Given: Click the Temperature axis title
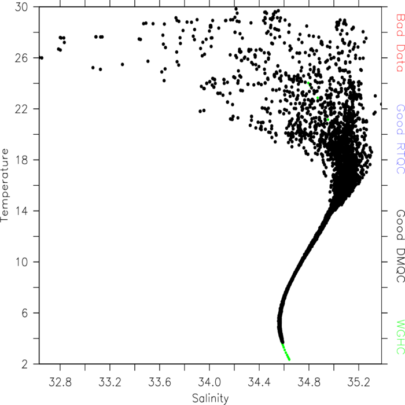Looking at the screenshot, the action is [x=5, y=185].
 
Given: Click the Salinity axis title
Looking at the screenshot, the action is [x=210, y=399].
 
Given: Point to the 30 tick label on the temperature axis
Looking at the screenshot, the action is [x=21, y=7].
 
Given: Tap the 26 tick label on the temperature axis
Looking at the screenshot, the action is [x=21, y=58].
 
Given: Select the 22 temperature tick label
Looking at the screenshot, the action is [x=21, y=109].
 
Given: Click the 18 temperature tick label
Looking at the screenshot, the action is [x=21, y=160].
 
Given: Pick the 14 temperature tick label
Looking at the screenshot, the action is [x=21, y=211].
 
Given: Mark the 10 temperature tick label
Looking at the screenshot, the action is [x=21, y=262].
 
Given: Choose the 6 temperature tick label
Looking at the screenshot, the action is [x=24, y=313].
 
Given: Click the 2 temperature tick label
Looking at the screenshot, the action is [x=24, y=364].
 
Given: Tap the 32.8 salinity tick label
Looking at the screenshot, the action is [x=60, y=382].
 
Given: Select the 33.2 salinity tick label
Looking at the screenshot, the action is [x=110, y=382].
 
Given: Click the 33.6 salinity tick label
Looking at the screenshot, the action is [x=160, y=382].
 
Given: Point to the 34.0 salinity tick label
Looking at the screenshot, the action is [x=209, y=382].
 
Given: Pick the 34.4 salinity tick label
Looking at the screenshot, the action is [x=259, y=382].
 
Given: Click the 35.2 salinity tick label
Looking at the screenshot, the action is [x=359, y=382].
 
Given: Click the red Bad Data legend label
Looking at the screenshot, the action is [x=400, y=43].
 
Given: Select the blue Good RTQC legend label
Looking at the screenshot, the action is [x=400, y=139].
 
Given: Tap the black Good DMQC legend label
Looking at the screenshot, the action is [x=400, y=246].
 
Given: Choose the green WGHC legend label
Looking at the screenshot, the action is [x=400, y=337].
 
